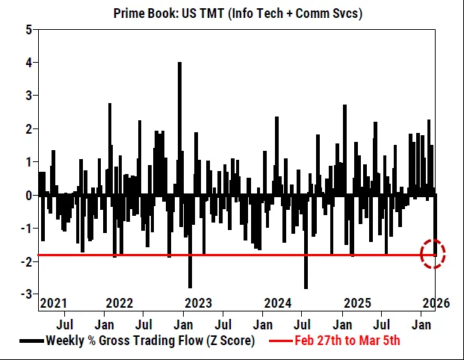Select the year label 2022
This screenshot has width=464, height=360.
tap(120, 303)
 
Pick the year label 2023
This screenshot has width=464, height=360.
tap(198, 303)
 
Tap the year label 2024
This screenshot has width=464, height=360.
tap(278, 303)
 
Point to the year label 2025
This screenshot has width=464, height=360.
tap(357, 303)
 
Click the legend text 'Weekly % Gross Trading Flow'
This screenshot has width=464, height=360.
tap(149, 341)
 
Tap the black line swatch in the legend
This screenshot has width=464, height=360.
tap(31, 341)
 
